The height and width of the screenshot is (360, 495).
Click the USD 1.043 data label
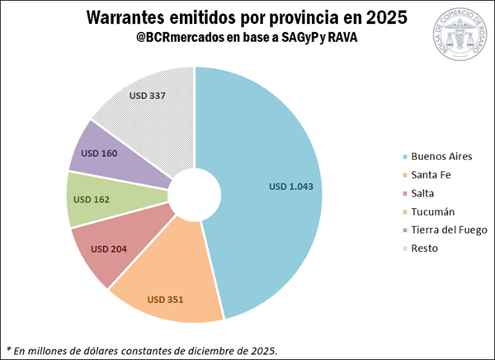tap(291, 187)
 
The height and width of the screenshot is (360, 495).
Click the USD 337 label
tap(148, 96)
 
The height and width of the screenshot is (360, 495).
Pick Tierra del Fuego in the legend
tap(449, 230)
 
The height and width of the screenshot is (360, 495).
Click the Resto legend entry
tap(426, 248)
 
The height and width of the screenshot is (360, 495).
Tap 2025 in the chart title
tap(385, 17)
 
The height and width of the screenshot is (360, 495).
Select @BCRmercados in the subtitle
tap(177, 38)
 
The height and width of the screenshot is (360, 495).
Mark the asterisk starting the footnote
tap(9, 348)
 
